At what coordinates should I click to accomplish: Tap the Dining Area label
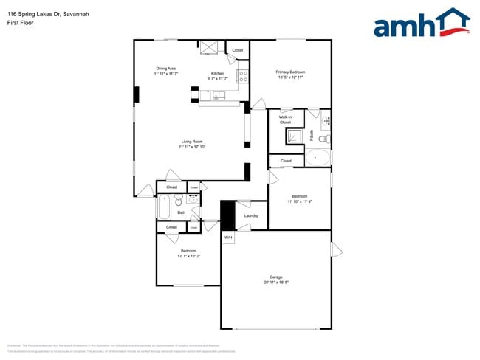pos(165,69)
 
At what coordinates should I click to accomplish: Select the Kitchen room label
pos(217,73)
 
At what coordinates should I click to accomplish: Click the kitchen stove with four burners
pos(242,75)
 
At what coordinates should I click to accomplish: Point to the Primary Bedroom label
pos(291,72)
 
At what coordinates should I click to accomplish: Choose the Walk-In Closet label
pos(285,120)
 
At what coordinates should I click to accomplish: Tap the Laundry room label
pos(250,215)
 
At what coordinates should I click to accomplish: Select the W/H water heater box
pos(228,238)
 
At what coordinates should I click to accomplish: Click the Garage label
pos(275,277)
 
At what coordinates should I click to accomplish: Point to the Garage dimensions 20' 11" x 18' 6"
pos(275,283)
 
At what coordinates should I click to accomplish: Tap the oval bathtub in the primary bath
pos(319,156)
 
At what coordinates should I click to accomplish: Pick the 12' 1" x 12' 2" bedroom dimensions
pos(188,257)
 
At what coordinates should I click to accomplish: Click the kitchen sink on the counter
pos(219,95)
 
